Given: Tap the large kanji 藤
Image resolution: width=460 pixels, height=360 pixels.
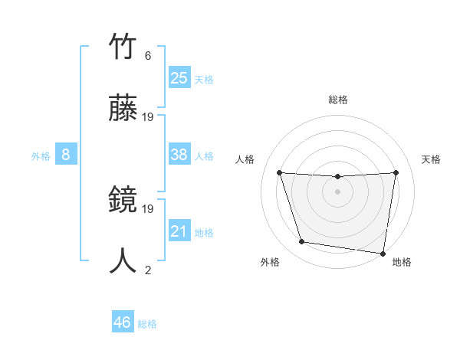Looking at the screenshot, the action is coord(124,110).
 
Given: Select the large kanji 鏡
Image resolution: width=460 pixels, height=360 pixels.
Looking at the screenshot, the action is coord(124,201).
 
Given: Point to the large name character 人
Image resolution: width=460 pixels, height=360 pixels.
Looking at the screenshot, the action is coord(124,260).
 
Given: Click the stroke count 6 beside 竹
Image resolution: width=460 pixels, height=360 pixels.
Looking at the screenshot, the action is coord(148,56).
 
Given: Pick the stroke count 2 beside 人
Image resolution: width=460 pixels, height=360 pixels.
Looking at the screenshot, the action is coord(148,270).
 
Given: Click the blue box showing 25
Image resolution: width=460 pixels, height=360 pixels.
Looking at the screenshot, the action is coord(179,78).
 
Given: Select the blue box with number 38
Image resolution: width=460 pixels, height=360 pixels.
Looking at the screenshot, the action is coord(179,155).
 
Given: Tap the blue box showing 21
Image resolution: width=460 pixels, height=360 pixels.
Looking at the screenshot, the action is coord(179,231).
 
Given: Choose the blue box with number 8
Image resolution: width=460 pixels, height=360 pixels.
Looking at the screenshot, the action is coord(66,155).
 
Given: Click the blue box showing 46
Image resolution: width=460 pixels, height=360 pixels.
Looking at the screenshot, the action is coord(123,322).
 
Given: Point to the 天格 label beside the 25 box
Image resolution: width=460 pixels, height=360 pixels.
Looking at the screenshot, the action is coord(204,80).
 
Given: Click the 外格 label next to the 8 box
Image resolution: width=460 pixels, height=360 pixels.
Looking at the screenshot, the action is coord(41,156).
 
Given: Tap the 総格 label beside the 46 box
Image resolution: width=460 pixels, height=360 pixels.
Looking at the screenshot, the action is coord(147,324).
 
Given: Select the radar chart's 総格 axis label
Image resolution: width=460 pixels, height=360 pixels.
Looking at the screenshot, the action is coord(338,100).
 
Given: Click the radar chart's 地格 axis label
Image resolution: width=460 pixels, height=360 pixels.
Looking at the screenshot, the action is coord(402,262).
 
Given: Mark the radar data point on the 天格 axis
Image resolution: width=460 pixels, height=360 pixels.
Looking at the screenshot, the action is coord(396,172).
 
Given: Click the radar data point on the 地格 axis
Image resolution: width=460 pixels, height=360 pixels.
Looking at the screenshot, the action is coord(383,253).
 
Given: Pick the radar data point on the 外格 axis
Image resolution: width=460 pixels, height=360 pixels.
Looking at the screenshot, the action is coord(302,242).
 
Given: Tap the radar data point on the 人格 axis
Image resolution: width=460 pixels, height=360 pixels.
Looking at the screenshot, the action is coord(279,172).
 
